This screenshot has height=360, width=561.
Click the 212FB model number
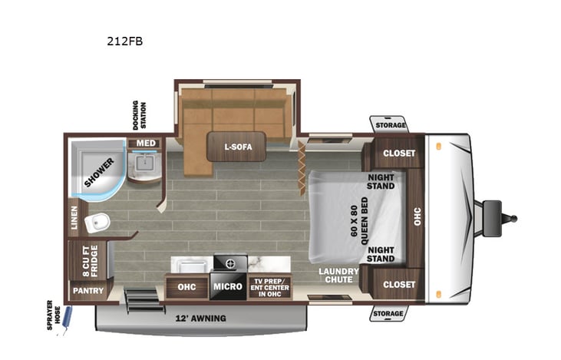[x=124, y=41]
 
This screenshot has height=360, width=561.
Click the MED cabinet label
[x=143, y=144]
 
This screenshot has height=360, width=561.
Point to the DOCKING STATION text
[x=140, y=115]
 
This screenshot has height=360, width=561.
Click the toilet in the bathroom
[x=97, y=223]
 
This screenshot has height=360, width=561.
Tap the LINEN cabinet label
[x=74, y=216]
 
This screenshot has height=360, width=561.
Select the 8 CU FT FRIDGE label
[x=89, y=262]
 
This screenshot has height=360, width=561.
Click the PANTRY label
[x=87, y=292]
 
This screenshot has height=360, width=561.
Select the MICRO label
[x=229, y=287]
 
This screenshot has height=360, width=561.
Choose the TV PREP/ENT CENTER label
[x=269, y=287]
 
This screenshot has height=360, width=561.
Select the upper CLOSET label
[x=399, y=153]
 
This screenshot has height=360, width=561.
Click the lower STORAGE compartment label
[x=388, y=314]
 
